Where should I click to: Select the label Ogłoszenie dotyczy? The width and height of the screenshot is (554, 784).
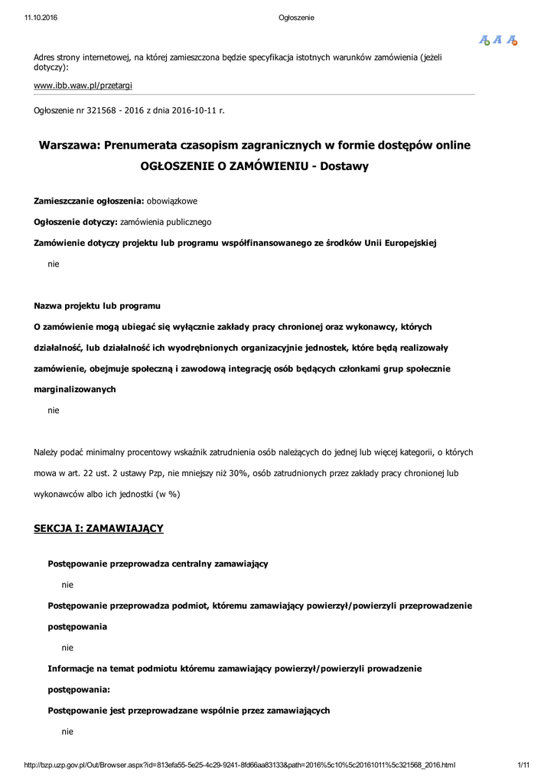(75, 222)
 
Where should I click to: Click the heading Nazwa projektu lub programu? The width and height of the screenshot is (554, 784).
(96, 306)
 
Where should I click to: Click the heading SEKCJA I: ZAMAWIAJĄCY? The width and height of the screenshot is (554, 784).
(99, 528)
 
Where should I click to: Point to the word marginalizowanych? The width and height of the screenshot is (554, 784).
(75, 389)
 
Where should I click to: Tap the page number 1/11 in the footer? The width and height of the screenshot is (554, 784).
(524, 765)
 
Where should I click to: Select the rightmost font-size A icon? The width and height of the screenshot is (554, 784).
(512, 41)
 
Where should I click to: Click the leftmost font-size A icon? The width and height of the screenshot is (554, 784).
(484, 41)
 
